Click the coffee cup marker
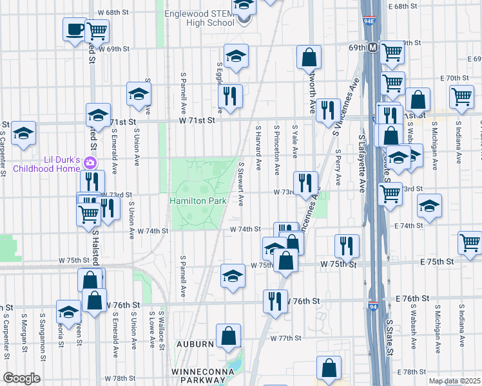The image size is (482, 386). click(75, 29)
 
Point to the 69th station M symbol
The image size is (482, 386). click(372, 48)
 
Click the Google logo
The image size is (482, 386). click(21, 378)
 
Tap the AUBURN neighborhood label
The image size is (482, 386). click(193, 344)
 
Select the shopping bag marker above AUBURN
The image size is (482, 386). click(229, 336)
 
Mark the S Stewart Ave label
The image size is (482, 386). click(241, 183)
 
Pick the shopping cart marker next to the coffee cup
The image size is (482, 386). click(97, 30)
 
